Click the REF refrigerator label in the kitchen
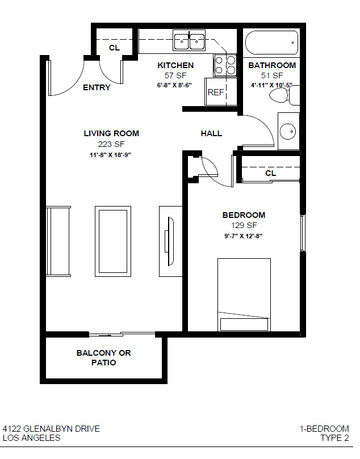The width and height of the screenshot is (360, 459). click(x=216, y=92)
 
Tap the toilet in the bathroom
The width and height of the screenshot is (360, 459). click(x=284, y=95)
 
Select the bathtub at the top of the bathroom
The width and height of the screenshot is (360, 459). click(x=271, y=43)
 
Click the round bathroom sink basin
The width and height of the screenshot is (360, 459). click(x=288, y=132)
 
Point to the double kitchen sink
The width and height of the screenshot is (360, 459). click(x=189, y=40)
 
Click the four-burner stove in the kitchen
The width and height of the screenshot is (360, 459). click(x=225, y=65)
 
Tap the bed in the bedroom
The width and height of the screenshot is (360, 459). click(x=244, y=294)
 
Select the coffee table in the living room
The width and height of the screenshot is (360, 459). click(x=113, y=241)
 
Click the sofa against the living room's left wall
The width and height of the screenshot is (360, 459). click(x=58, y=241)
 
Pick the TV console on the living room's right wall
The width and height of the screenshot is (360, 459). click(x=171, y=241)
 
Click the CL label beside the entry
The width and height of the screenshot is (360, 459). click(x=114, y=48)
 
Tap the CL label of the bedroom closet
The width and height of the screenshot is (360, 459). click(x=271, y=173)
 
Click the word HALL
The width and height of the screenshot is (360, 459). click(x=211, y=133)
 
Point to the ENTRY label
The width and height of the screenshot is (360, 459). click(x=97, y=87)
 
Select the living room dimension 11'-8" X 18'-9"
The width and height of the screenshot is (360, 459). click(x=110, y=155)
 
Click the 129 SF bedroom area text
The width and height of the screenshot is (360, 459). click(x=244, y=225)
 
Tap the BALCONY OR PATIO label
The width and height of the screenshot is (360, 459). click(x=104, y=357)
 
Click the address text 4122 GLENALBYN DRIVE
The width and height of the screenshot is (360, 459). click(x=51, y=429)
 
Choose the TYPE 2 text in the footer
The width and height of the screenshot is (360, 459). click(x=334, y=438)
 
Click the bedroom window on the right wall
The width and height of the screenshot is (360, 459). click(x=303, y=233)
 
